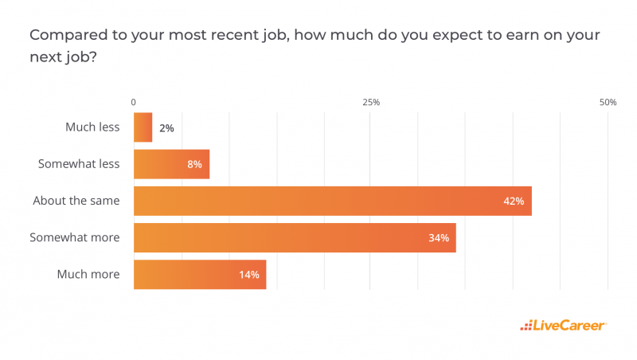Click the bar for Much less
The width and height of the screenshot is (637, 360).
(x=143, y=127)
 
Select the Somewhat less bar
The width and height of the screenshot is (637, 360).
(x=171, y=164)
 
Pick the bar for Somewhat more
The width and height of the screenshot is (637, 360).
(x=295, y=237)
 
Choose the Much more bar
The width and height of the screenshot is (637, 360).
(x=199, y=275)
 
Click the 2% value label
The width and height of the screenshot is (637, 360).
(x=166, y=127)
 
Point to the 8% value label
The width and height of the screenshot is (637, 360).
(x=194, y=165)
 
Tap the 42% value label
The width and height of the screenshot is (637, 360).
(x=514, y=202)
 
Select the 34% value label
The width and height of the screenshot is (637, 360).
(x=439, y=238)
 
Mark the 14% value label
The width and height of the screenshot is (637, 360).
(x=249, y=275)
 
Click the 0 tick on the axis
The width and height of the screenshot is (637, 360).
(x=133, y=103)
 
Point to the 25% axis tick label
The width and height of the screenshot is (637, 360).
(x=370, y=103)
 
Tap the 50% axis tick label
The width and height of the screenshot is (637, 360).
(x=608, y=103)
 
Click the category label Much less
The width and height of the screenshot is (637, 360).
(x=92, y=127)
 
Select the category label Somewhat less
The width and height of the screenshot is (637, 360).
(x=79, y=164)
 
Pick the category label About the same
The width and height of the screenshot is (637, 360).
(x=76, y=201)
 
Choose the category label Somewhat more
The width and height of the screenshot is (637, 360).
(x=74, y=237)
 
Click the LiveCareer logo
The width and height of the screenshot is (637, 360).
(x=564, y=325)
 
